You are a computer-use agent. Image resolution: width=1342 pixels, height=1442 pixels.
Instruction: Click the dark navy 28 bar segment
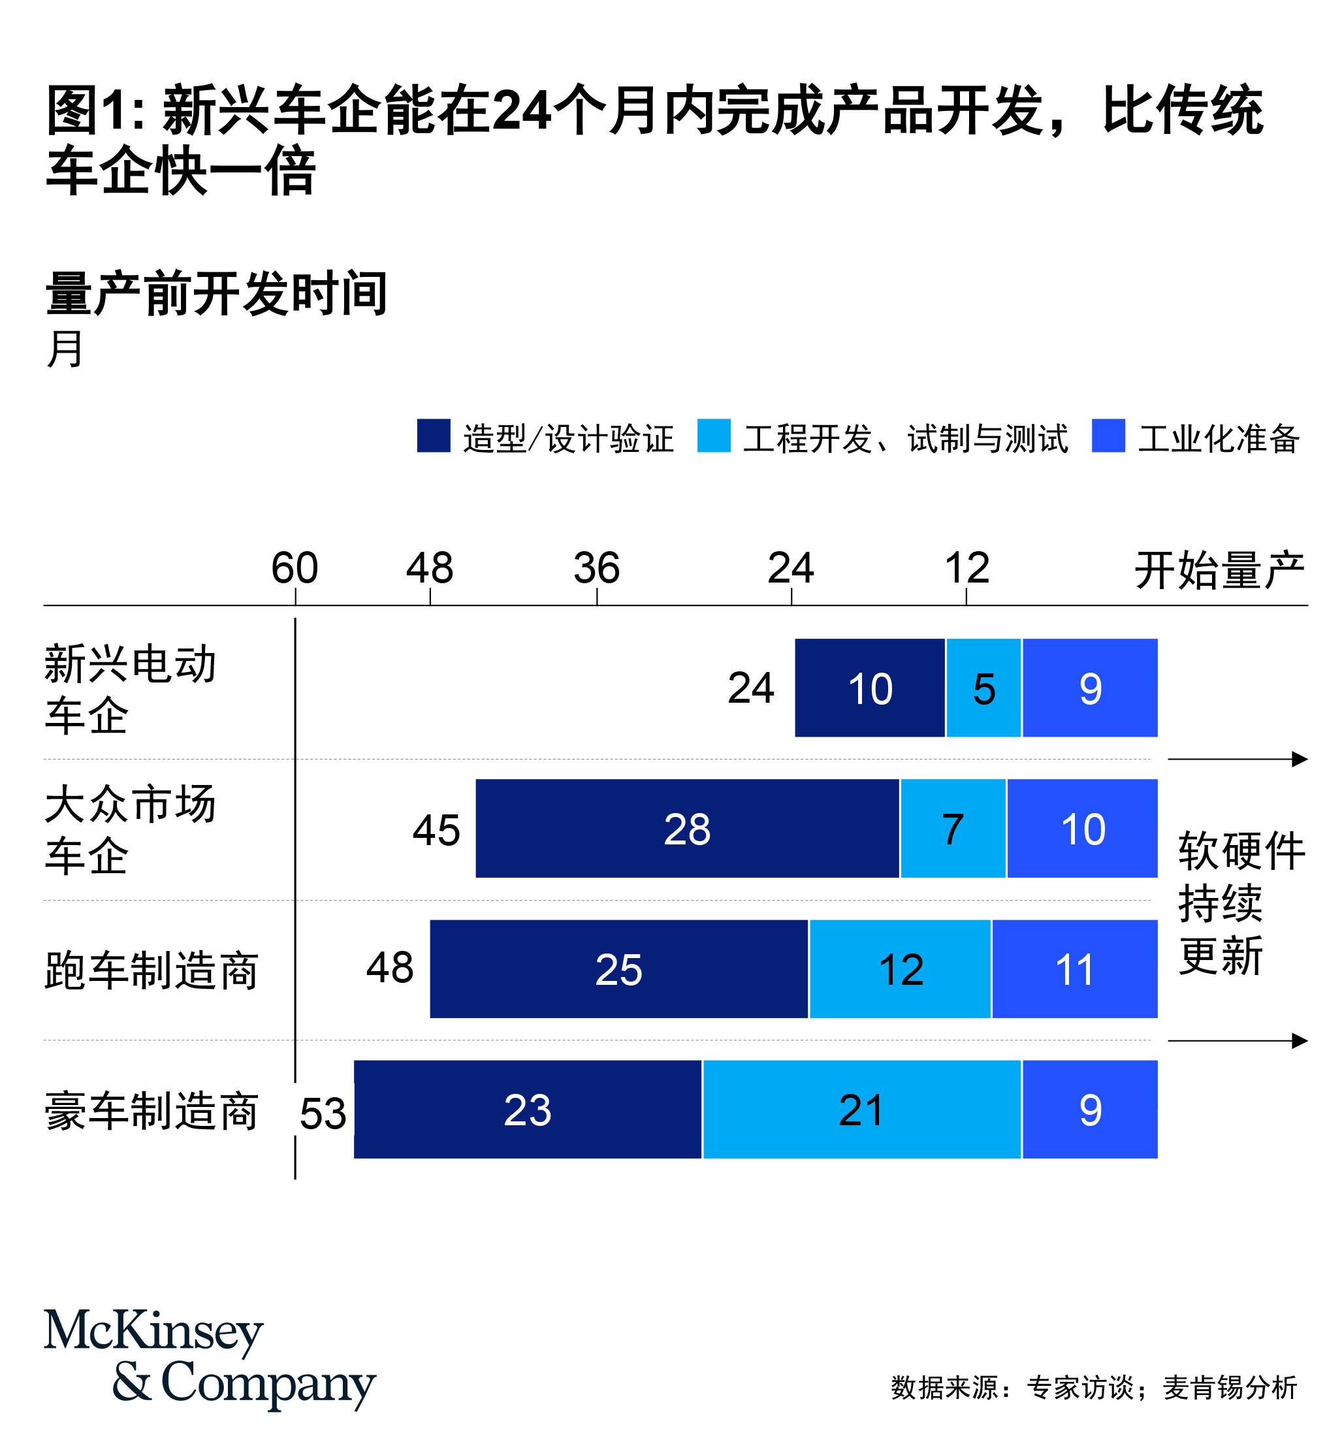click(x=686, y=827)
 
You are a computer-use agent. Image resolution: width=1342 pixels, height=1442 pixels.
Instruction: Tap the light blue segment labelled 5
click(x=983, y=688)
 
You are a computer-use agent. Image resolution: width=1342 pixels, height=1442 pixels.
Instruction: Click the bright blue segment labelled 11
click(x=1074, y=969)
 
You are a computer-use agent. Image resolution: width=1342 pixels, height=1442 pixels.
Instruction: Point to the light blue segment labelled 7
click(x=952, y=827)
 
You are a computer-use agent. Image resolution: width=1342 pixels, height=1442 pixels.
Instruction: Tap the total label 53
click(x=323, y=1113)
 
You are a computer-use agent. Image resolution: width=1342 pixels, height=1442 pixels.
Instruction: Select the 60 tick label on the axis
click(x=295, y=568)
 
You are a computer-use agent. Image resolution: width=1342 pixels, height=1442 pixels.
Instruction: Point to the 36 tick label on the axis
click(x=596, y=568)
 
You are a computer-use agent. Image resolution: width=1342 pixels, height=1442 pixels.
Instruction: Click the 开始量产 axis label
click(x=1219, y=569)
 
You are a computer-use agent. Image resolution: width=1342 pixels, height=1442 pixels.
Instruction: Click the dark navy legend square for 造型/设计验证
click(x=434, y=435)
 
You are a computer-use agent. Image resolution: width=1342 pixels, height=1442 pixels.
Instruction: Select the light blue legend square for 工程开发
click(x=714, y=435)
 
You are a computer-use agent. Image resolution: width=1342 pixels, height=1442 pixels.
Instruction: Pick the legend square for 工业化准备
click(x=1108, y=435)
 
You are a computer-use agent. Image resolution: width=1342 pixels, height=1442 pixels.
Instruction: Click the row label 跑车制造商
click(x=152, y=970)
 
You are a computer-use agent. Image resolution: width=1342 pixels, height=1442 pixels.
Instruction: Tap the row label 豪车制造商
click(x=152, y=1110)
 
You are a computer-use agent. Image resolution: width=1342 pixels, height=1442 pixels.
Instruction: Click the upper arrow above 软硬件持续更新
click(x=1237, y=759)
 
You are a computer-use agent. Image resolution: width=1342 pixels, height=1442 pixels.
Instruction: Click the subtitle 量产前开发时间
click(x=216, y=294)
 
